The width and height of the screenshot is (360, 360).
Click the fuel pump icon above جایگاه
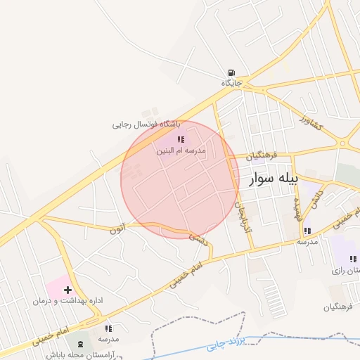click(231, 72)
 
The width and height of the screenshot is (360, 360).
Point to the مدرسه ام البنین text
click(181, 151)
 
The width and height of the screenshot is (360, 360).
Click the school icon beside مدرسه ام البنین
click(181, 140)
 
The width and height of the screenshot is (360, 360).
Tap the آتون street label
click(119, 228)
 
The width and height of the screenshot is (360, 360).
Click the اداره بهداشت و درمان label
click(67, 300)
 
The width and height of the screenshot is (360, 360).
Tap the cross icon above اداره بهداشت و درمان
click(68, 289)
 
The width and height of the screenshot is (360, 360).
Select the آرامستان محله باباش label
click(79, 355)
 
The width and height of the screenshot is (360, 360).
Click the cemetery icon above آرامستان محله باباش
click(79, 344)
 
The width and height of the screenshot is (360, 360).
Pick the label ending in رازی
click(346, 270)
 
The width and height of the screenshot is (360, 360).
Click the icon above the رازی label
click(352, 259)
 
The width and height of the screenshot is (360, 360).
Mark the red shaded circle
click(180, 179)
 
